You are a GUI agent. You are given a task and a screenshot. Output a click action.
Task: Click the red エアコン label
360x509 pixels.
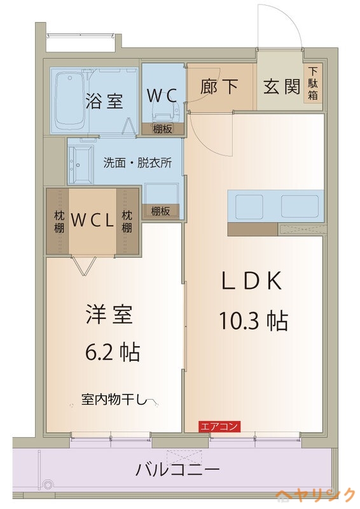[x=219, y=426]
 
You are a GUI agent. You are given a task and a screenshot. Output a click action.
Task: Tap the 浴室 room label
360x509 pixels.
[x=104, y=101]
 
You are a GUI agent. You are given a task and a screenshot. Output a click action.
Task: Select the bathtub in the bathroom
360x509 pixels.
[x=69, y=101]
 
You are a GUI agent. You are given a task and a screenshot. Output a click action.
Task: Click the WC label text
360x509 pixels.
[x=162, y=95]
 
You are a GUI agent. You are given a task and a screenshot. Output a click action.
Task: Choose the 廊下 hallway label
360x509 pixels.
[x=219, y=87]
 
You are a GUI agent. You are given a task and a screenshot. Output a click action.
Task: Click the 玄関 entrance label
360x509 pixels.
[x=282, y=87]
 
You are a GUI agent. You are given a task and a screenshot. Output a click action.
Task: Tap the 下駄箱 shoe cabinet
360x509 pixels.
[x=313, y=84]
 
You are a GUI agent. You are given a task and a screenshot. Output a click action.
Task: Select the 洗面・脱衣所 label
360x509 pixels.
[x=137, y=163]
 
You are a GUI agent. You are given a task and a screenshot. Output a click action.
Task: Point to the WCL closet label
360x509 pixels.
[x=92, y=221]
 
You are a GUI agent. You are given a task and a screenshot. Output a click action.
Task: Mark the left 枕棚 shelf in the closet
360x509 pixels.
[x=58, y=221]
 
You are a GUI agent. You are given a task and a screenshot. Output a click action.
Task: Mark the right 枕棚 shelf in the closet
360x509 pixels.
[x=127, y=221]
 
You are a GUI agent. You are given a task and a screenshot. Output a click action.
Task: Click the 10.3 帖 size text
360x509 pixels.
[x=254, y=321]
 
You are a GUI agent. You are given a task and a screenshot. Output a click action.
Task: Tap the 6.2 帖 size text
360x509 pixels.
[x=113, y=352]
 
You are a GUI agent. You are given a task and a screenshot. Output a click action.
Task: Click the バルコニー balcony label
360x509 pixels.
[x=177, y=470]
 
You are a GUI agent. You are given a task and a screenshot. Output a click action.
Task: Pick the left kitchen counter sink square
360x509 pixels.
[x=249, y=207]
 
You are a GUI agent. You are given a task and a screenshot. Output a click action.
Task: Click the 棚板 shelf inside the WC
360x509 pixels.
[x=163, y=129]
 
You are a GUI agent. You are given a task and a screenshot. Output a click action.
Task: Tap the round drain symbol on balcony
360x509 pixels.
[x=48, y=485]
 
